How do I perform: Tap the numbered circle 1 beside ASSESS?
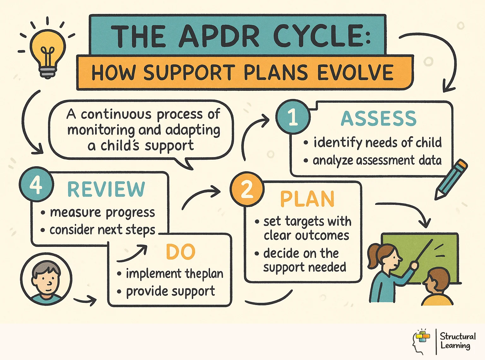click(x=293, y=116)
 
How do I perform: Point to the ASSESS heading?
click(x=379, y=119)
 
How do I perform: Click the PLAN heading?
click(x=307, y=199)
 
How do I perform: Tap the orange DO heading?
click(x=181, y=252)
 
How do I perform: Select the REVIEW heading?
click(x=106, y=189)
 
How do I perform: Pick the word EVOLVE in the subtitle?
click(x=355, y=73)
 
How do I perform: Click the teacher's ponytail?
click(x=373, y=256)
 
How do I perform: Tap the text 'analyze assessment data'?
click(x=377, y=161)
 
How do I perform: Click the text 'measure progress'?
click(x=102, y=213)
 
